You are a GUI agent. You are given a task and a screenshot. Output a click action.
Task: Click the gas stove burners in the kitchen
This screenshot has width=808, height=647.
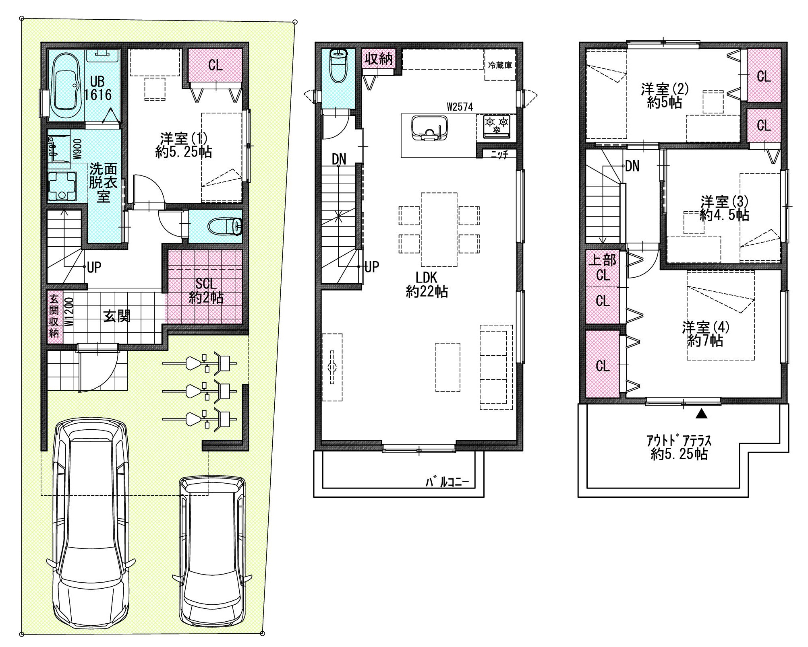pos(496,125)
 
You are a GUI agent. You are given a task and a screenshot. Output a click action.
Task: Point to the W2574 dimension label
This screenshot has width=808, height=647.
pos(460,107)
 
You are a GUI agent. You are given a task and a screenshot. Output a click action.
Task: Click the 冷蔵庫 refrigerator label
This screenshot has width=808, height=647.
pos(500,65)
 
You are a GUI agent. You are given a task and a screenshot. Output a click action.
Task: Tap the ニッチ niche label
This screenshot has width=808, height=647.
pos(499,154)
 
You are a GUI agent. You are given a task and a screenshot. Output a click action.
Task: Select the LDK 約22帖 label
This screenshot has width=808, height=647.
pos(427,284)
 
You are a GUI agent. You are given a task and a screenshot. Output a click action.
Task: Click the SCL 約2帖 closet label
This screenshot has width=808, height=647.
pos(206,291)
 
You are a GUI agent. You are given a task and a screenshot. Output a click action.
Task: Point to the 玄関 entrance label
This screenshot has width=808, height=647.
pos(117,316)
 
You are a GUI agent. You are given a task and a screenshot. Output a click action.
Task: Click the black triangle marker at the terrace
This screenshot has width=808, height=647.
pos(702,413)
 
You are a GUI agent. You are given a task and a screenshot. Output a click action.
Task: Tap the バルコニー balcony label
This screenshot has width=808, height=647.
pos(448,482)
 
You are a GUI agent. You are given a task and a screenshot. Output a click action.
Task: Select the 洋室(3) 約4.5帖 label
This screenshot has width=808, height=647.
pos(724,208)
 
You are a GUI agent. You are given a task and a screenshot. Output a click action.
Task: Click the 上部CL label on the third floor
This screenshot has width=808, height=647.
pos(603,268)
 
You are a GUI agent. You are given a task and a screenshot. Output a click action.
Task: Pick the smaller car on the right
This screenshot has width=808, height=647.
pos(212,551)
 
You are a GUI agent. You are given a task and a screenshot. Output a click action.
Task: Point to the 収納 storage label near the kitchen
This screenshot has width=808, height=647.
pos(379,59)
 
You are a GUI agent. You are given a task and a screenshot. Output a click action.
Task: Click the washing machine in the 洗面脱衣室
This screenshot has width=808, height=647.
pos(62,186)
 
